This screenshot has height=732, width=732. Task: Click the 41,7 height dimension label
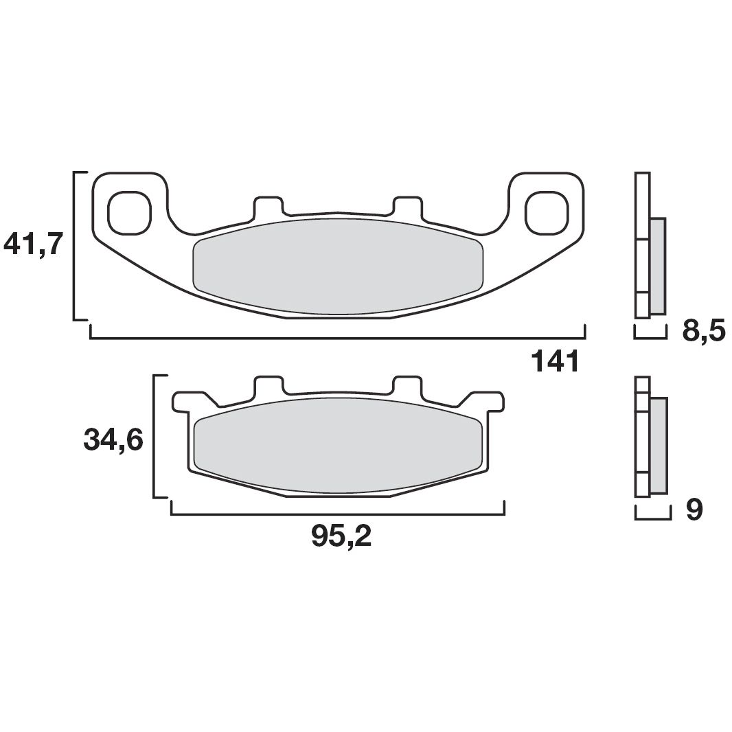point(34,244)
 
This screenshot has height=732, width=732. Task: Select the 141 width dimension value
point(556,361)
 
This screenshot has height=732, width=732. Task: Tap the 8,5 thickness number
point(703,332)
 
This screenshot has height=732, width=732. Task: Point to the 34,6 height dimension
point(113,440)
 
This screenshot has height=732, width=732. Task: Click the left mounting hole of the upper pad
point(129,211)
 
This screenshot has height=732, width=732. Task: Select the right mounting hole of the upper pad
point(547,211)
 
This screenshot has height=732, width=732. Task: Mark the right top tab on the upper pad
point(407,204)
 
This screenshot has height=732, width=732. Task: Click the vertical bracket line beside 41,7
point(74,245)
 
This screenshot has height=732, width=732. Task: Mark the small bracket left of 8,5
point(650,336)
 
